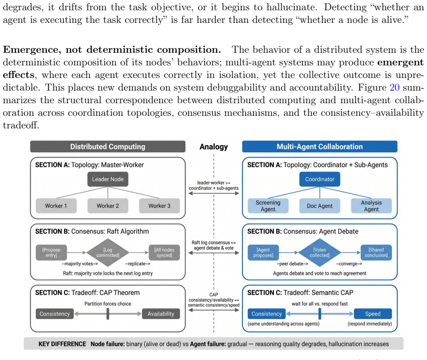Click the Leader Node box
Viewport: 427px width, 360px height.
pyautogui.click(x=108, y=179)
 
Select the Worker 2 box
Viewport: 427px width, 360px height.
pyautogui.click(x=108, y=206)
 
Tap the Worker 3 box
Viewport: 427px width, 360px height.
pyautogui.click(x=159, y=206)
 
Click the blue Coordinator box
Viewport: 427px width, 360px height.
pyautogui.click(x=320, y=179)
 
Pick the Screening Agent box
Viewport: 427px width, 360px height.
pyautogui.click(x=268, y=206)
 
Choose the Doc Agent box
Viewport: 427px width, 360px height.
pyautogui.click(x=320, y=206)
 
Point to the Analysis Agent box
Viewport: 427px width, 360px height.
pyautogui.click(x=371, y=206)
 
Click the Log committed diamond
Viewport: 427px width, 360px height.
pyautogui.click(x=108, y=253)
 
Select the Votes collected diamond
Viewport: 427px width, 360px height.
pyautogui.click(x=320, y=253)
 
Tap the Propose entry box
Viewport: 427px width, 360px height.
pyautogui.click(x=51, y=253)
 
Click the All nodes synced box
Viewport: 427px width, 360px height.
pyautogui.click(x=164, y=253)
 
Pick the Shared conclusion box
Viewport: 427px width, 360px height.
pyautogui.click(x=377, y=253)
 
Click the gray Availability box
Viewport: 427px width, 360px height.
pyautogui.click(x=161, y=314)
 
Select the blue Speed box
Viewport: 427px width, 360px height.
pyautogui.click(x=373, y=314)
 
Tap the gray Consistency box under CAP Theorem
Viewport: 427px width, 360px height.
pyautogui.click(x=55, y=314)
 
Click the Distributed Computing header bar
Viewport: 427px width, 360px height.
pyautogui.click(x=108, y=147)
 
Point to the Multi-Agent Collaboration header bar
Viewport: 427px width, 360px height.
pyautogui.click(x=320, y=147)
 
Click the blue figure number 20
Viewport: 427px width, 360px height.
pyautogui.click(x=395, y=87)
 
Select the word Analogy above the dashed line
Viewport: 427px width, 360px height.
pyautogui.click(x=214, y=147)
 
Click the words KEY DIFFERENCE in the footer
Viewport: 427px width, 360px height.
pyautogui.click(x=62, y=344)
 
